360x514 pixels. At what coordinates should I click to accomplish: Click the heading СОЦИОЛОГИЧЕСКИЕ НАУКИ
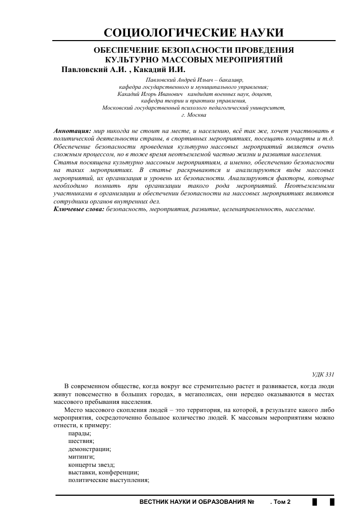pos(193,33)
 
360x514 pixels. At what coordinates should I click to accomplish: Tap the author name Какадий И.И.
pos(159,70)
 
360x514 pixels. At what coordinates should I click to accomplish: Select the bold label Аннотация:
pos(72,131)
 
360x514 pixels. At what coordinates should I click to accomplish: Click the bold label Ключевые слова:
pos(79,209)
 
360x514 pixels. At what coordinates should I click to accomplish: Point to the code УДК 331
pos(323,374)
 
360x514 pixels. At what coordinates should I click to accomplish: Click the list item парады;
pos(80,433)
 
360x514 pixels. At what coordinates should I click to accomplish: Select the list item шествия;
pos(81,441)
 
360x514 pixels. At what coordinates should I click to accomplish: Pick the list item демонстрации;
pos(89,449)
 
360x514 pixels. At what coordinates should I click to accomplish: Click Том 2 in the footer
pos(282,502)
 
